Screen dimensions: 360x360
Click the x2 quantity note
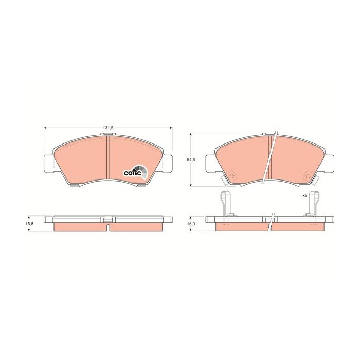click(x=304, y=195)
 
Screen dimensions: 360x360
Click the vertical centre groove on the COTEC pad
click(x=109, y=159)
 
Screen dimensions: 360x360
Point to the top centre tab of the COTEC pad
click(x=109, y=135)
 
